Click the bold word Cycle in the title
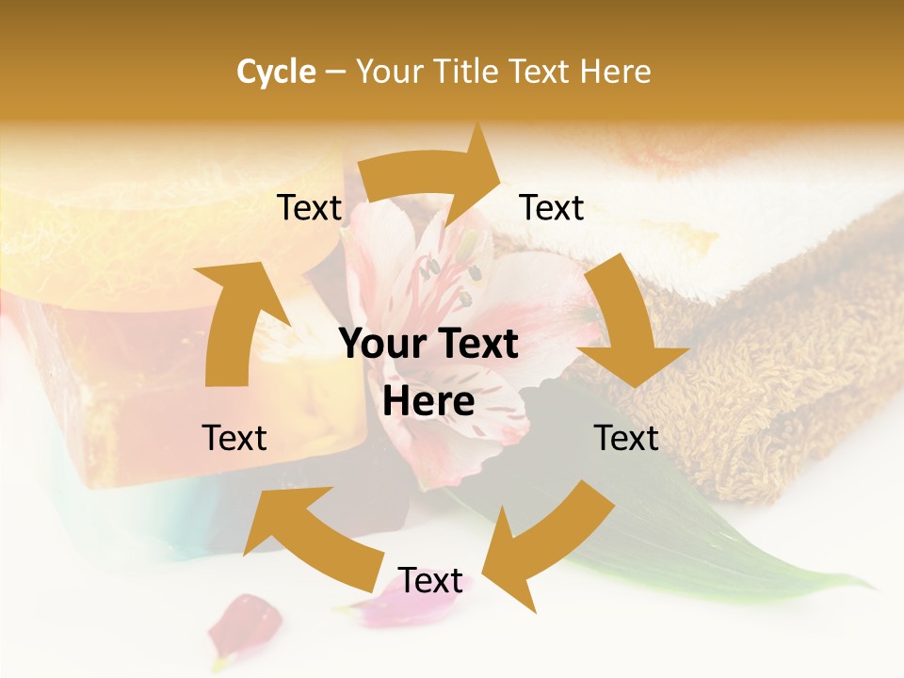pos(276,72)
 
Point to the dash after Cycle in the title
pos(335,72)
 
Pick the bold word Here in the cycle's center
pos(428,402)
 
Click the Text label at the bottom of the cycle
pos(429,581)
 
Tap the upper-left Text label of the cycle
pos(309,208)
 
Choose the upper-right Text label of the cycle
pos(552,208)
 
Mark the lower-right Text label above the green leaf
pos(626,438)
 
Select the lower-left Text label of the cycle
pos(234,438)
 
